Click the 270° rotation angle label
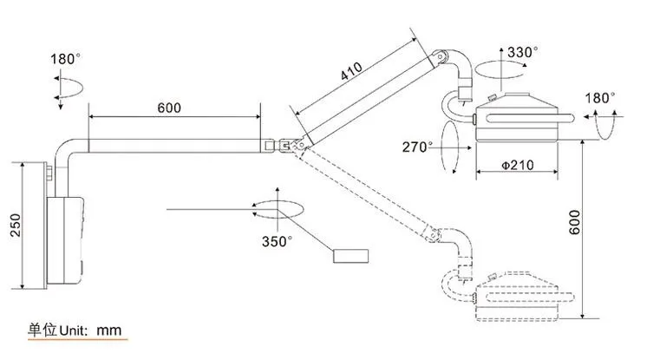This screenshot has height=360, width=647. [419, 147]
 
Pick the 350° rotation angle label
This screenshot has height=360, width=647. [278, 240]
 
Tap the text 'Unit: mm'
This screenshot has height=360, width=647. [91, 331]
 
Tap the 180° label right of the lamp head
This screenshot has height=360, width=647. [600, 98]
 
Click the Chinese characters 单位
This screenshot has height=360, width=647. [42, 331]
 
